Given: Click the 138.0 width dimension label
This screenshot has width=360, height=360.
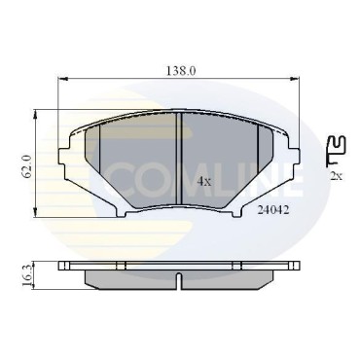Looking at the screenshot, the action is click(181, 71).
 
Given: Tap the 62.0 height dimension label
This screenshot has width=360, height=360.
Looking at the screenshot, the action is click(27, 165).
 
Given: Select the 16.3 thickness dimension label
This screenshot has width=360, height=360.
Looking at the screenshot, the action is click(28, 275).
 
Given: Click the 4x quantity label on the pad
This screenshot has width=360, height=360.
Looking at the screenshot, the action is click(204, 182).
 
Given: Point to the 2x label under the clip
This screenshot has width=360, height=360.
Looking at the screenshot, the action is click(336, 176).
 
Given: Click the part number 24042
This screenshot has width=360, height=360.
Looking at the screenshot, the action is click(273, 210).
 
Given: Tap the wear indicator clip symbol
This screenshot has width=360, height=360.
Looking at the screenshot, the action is click(337, 151).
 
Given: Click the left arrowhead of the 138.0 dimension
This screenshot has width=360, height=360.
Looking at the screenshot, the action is click(62, 78).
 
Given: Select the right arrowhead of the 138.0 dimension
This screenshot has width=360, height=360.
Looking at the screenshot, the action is click(294, 78).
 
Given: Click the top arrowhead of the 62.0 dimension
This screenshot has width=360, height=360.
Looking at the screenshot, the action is click(35, 114).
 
